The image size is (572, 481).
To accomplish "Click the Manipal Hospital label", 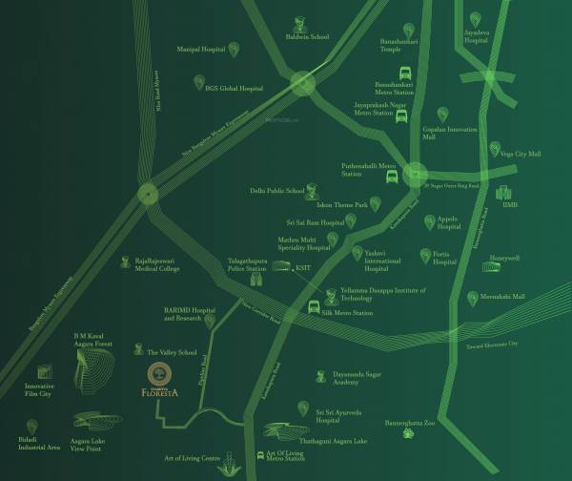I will click(201, 47).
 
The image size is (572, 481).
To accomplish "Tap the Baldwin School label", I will click(307, 37).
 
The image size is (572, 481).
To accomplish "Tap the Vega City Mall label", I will click(521, 153).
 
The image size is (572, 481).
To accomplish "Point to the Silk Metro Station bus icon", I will click(313, 308).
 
